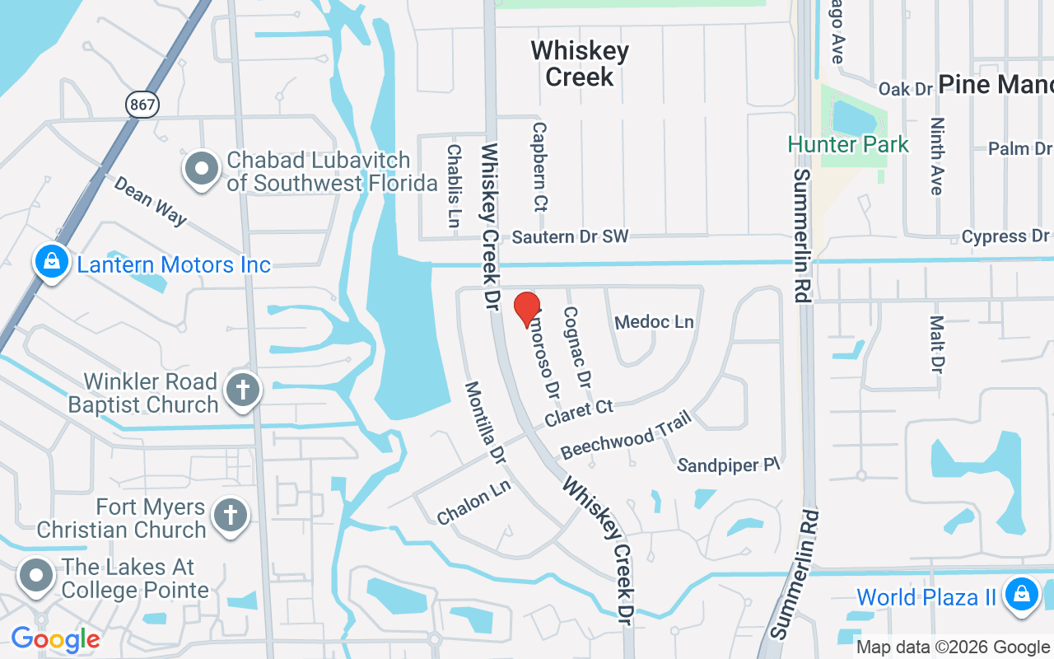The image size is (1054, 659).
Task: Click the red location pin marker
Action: (527, 309)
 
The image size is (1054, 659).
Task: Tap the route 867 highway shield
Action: (142, 104)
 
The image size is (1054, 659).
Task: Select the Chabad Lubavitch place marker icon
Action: (201, 169)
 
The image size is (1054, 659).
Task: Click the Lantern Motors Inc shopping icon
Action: (52, 262)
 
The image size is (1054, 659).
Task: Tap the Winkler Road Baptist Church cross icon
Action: (244, 390)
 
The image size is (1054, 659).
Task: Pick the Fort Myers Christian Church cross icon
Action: (231, 516)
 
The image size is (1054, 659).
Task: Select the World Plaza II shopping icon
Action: (1022, 594)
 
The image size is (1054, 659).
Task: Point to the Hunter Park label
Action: (848, 144)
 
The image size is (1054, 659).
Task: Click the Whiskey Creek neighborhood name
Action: (580, 63)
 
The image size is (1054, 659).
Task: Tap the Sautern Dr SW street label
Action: (570, 237)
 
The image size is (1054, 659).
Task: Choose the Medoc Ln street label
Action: (655, 321)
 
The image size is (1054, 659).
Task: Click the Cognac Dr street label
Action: (576, 348)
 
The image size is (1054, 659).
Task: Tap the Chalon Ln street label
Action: (473, 502)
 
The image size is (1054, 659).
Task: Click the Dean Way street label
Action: (151, 200)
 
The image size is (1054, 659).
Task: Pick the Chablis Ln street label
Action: (454, 185)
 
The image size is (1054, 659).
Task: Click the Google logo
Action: (55, 639)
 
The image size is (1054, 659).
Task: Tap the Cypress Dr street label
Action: (1005, 237)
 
